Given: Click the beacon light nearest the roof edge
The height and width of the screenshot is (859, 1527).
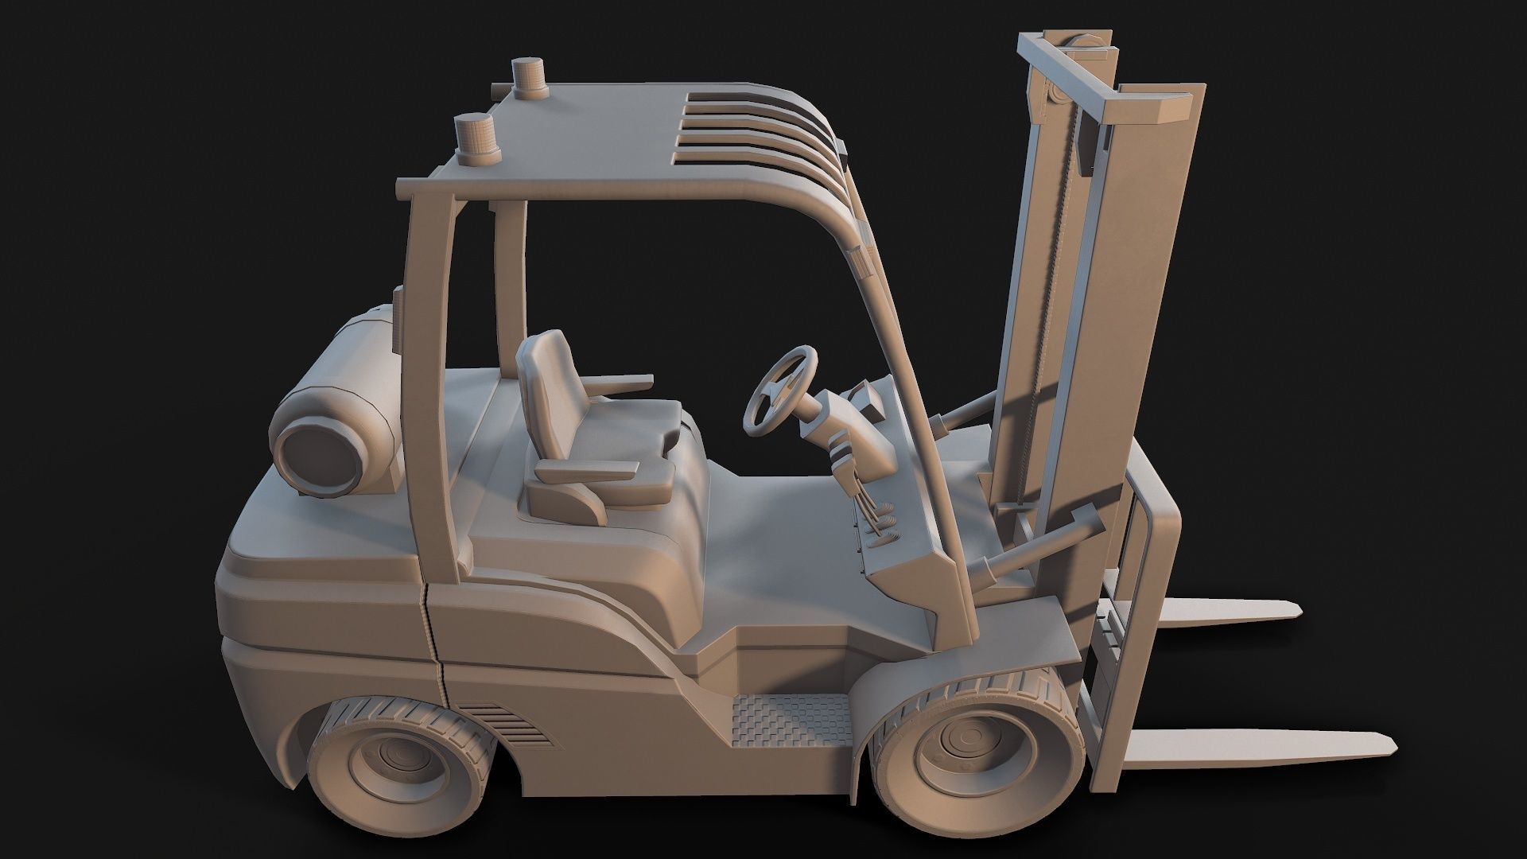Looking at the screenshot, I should click(474, 140).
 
